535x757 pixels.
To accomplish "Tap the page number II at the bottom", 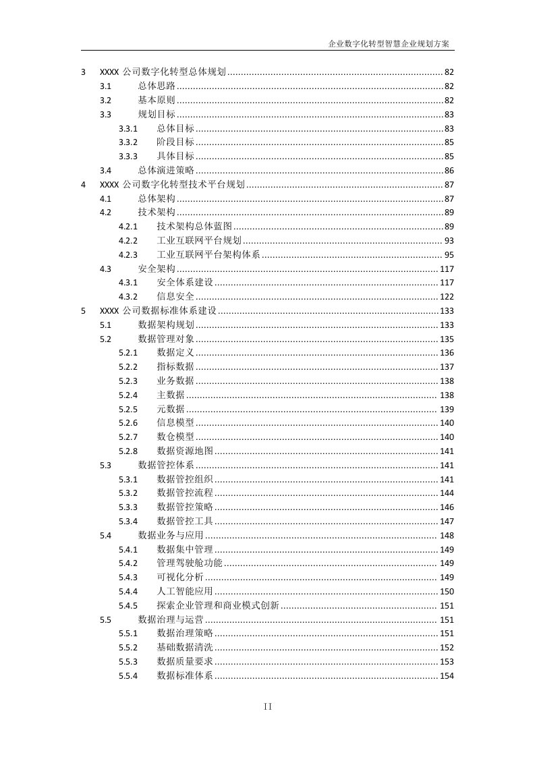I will coord(267,706).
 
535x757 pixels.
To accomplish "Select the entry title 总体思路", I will coord(157,86).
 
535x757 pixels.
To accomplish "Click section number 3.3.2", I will coord(128,142).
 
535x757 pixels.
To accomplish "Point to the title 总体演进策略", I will coord(166,171).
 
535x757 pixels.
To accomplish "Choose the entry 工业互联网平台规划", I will coord(198,241).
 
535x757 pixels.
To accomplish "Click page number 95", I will coord(449,255).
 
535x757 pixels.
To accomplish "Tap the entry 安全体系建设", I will coord(185,283).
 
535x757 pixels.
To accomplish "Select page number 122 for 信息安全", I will coord(447,297).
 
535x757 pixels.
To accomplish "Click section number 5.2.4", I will coord(128,395).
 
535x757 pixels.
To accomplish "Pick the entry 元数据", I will coord(171,410).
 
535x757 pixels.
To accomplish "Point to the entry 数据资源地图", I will coord(185,451).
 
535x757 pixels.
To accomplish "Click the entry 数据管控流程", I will coord(185,493).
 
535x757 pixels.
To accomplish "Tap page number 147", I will coord(447,522).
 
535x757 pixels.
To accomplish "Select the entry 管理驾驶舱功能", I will coord(190,563).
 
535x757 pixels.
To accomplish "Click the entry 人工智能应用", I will coord(185,592).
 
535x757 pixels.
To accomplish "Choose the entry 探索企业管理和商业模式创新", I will coord(218,606).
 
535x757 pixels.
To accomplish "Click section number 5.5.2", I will coord(128,648).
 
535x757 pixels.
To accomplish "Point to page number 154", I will coord(447,676).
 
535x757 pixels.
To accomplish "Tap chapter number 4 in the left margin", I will coord(83,185).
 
